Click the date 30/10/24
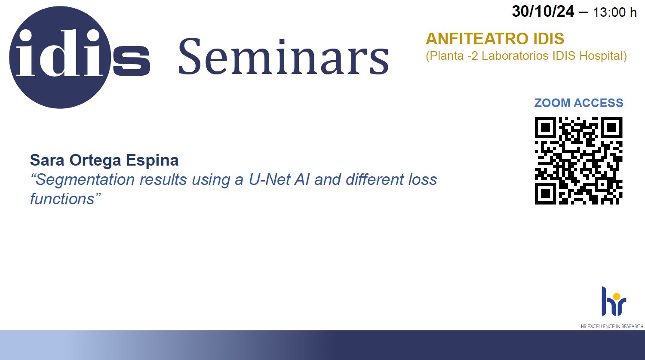tap(543, 12)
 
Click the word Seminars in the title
tap(284, 56)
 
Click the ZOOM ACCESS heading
tap(579, 103)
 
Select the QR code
tap(578, 161)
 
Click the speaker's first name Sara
tap(47, 160)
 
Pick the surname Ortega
tap(95, 161)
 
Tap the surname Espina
tap(152, 161)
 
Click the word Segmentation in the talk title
tap(85, 180)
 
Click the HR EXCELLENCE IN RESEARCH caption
tap(612, 326)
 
